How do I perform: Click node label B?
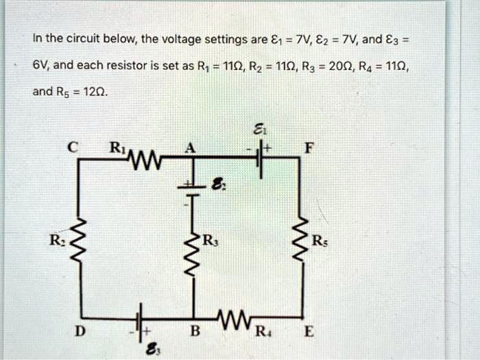point(195,334)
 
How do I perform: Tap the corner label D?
point(81,334)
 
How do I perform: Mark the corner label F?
point(313,146)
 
